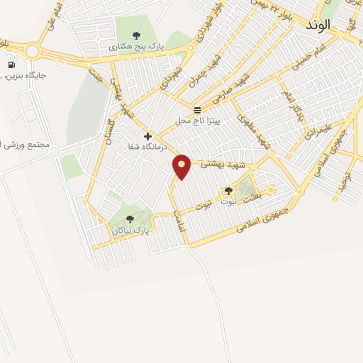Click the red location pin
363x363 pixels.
click(182, 166)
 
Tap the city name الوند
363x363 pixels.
click(318, 25)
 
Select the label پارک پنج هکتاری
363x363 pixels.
click(136, 46)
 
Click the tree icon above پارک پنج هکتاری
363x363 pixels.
click(136, 35)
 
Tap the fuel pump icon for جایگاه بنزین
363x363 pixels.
click(11, 65)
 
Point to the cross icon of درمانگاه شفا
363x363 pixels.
click(147, 136)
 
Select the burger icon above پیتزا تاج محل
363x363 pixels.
click(196, 110)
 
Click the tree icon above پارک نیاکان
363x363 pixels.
click(129, 219)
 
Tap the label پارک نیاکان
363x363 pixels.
click(130, 230)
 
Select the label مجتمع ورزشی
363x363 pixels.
click(27, 145)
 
